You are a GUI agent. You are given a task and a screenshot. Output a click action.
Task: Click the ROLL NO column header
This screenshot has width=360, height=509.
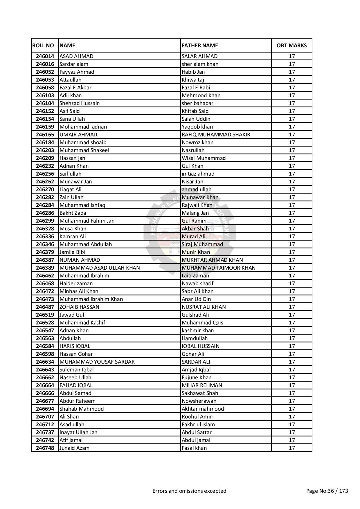coord(43,45)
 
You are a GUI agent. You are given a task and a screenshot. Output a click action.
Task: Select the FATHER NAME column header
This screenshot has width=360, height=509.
coord(200,45)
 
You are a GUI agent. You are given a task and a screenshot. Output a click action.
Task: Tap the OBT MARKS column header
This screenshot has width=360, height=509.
coord(291,45)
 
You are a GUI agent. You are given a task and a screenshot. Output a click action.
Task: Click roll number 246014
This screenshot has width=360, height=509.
coord(45,56)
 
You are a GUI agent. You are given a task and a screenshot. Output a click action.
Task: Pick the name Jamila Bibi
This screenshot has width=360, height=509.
coord(72,252)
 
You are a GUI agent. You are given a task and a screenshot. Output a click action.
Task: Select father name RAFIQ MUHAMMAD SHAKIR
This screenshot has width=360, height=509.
coord(216,134)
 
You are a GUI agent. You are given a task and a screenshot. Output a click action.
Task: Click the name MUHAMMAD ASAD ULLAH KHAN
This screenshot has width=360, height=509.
coord(100,268)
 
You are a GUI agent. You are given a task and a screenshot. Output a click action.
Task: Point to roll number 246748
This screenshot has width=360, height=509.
coord(45,448)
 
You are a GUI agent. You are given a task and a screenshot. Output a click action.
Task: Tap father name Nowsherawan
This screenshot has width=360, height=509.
coord(199,401)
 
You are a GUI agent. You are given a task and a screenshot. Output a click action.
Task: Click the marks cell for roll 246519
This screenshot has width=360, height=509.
coord(291,315)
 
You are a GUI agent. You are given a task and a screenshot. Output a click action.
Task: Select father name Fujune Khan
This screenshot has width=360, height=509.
coord(197,377)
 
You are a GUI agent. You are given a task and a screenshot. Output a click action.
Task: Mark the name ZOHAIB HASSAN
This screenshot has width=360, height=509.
coord(79,307)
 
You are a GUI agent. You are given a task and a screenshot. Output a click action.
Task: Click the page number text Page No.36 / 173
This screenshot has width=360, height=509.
coord(327,491)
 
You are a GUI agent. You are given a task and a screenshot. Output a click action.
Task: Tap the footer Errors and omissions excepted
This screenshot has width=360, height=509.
coord(189,491)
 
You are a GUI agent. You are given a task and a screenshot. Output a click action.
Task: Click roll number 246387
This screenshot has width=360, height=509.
coord(45,260)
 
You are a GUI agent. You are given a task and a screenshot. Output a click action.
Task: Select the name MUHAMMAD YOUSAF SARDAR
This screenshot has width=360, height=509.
coord(97,362)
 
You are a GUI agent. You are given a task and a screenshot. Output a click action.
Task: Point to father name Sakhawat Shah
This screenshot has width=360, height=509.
coord(200,393)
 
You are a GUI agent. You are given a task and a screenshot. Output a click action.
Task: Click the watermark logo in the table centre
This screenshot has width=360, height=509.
coord(190,229)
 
